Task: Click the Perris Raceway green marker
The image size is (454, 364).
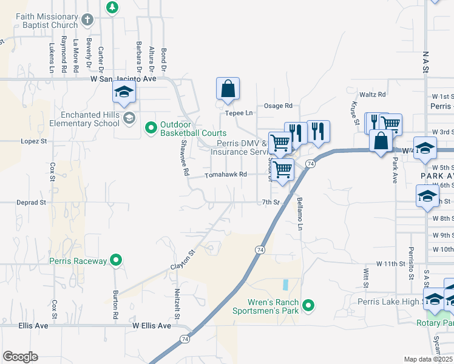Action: pos(116,261)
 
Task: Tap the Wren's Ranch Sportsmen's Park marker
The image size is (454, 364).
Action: pos(309,306)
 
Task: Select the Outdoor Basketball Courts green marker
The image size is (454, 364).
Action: pos(151,129)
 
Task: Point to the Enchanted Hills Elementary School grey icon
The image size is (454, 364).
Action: pos(128,118)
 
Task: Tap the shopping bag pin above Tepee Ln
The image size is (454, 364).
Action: pos(228,89)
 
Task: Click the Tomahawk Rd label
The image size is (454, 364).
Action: pos(225,175)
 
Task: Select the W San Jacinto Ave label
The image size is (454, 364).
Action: pos(123,79)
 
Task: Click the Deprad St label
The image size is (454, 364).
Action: pos(32,203)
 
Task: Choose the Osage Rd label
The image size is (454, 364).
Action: pos(279,106)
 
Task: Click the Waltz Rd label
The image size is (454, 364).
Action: pos(373,95)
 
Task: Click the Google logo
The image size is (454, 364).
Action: pos(20,357)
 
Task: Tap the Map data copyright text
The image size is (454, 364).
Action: pos(429,359)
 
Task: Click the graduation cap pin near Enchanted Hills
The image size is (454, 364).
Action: pos(124,93)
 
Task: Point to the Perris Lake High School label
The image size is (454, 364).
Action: pos(398,302)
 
